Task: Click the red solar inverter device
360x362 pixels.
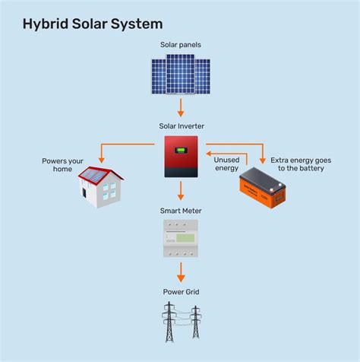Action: coord(181,156)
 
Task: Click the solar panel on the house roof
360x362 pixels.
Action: coord(93,176)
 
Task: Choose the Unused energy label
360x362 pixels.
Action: coord(227,164)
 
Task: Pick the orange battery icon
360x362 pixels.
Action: coord(262,189)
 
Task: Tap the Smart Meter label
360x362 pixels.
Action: coord(181,211)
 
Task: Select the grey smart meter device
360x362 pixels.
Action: coord(181,238)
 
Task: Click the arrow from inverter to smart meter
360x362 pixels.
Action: coord(181,191)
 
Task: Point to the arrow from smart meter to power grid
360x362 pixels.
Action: coord(181,271)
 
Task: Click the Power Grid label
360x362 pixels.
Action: coord(181,291)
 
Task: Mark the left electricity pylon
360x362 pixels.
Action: coord(169,322)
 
